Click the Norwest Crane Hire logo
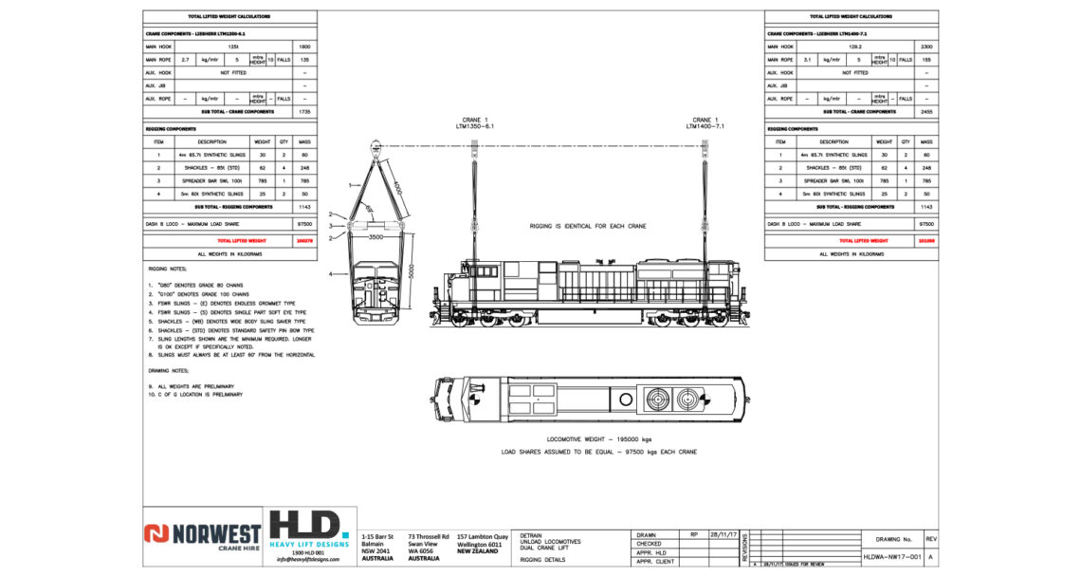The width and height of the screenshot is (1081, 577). (x=189, y=535)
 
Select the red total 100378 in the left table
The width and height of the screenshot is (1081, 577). (x=304, y=242)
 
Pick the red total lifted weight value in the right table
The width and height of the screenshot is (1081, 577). (x=925, y=242)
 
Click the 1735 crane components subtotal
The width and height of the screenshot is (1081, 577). (x=304, y=111)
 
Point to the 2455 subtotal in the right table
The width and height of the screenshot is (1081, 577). (x=925, y=111)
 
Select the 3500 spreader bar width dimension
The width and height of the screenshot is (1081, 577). (x=377, y=235)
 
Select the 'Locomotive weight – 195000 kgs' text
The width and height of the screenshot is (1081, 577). (x=598, y=439)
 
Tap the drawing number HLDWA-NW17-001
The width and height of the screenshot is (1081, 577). (x=892, y=558)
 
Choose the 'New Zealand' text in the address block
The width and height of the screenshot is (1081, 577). (x=479, y=551)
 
